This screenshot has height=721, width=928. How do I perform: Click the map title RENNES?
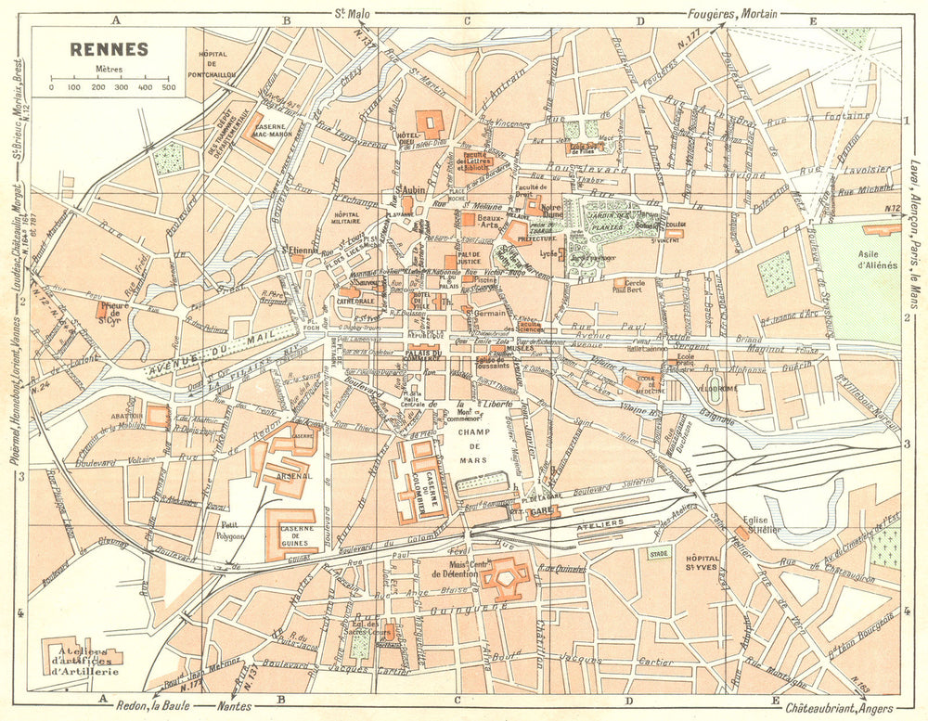pyautogui.click(x=109, y=49)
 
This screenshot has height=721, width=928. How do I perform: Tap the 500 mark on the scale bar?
pyautogui.click(x=168, y=87)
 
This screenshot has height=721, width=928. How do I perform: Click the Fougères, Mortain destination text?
pyautogui.click(x=732, y=13)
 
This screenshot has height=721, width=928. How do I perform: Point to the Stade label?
pyautogui.click(x=660, y=553)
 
